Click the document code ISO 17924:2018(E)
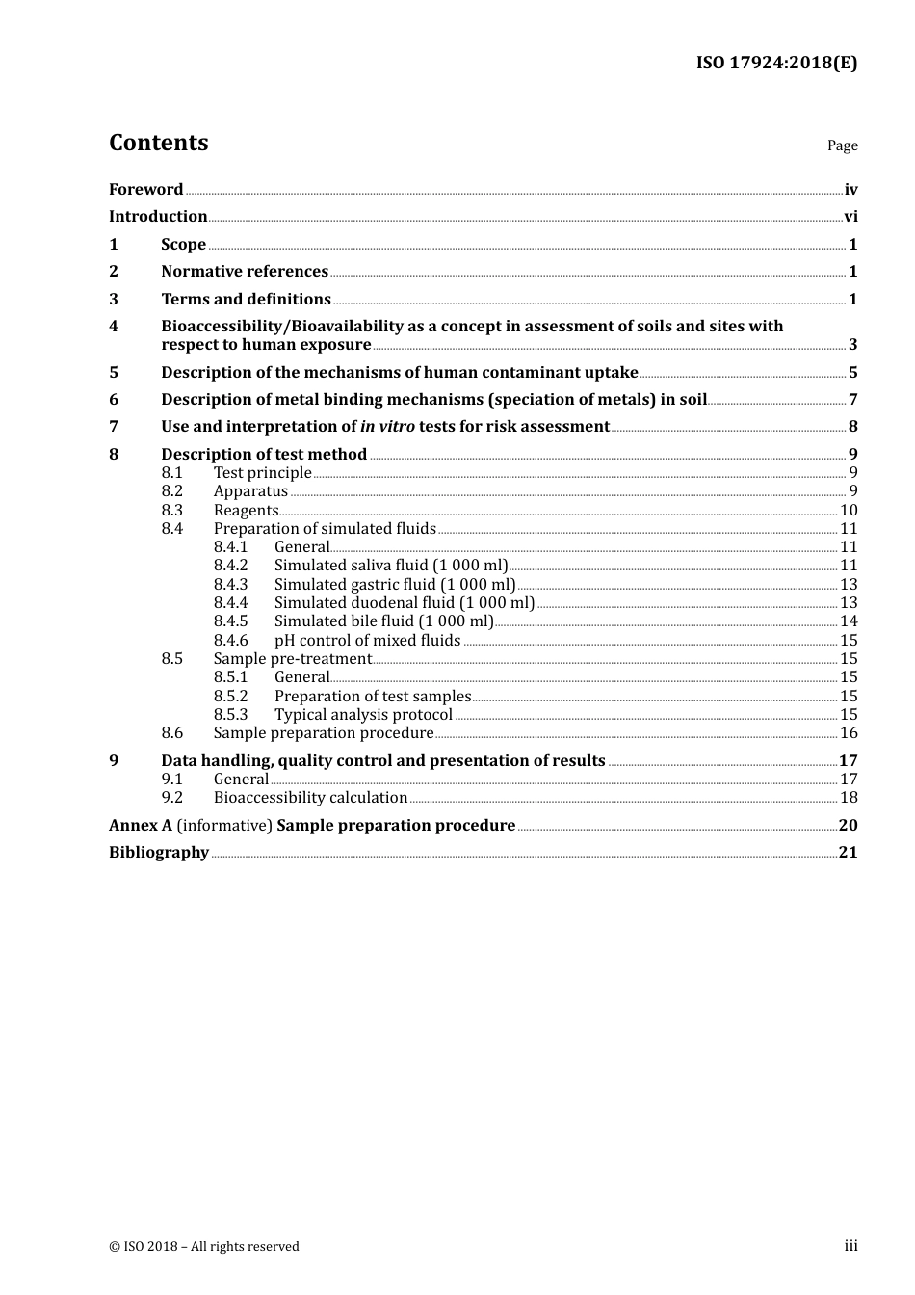[776, 63]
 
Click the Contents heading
[158, 143]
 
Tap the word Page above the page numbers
[842, 145]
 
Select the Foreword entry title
[145, 189]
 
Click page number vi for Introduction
[850, 217]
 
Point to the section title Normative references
[245, 272]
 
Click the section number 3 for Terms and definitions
[114, 299]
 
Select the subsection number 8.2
[171, 491]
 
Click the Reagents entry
[246, 511]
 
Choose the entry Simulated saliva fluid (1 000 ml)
[390, 566]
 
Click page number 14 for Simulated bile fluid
[849, 621]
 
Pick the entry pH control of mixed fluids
[367, 641]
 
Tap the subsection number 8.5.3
[230, 715]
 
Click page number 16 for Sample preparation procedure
[849, 733]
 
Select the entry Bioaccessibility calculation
[310, 798]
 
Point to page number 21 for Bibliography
[848, 852]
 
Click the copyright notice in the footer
[204, 1246]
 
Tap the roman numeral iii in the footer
[850, 1246]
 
